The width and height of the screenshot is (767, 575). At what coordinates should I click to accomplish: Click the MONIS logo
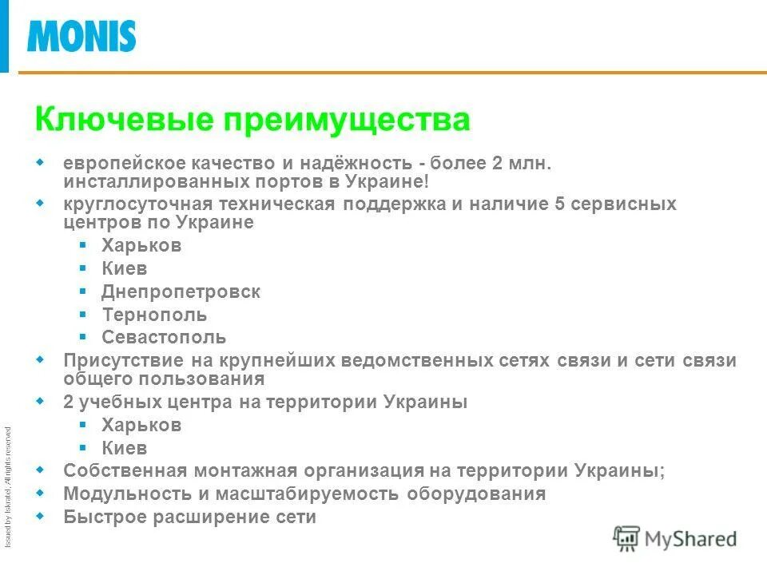81,36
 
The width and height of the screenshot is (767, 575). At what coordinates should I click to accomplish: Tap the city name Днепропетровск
181,292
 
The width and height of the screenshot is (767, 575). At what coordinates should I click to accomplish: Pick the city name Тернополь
154,315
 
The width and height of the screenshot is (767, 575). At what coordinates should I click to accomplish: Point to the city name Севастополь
164,337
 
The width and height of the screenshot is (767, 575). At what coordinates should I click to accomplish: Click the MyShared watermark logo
675,539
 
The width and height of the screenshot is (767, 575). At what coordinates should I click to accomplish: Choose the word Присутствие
119,360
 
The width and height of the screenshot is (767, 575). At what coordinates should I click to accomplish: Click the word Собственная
121,470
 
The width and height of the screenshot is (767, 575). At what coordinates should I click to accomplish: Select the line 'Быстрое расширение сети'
190,517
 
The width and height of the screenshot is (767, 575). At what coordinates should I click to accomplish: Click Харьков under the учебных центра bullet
141,425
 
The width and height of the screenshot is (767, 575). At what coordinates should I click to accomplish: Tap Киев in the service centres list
125,269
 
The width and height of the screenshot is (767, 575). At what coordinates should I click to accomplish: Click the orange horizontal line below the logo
391,73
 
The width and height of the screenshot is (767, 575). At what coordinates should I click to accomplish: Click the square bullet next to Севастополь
83,336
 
